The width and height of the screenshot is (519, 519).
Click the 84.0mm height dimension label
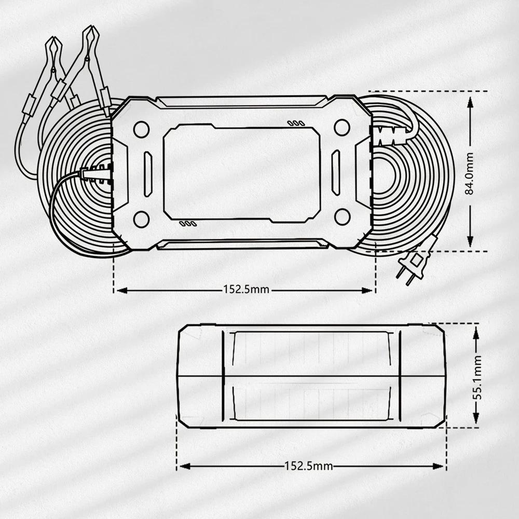coord(470,173)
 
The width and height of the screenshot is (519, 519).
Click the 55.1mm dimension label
coord(477,377)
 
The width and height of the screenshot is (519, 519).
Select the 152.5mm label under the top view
coord(247,290)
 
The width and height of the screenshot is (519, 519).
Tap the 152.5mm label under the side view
coord(309,466)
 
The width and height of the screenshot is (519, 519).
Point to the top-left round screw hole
coord(141,129)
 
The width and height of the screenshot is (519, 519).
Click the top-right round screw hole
coord(342,128)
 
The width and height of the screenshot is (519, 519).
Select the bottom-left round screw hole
coord(141,219)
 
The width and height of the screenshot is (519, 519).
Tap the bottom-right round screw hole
coord(342,217)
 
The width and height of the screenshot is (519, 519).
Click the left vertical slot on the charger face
coord(148,174)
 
